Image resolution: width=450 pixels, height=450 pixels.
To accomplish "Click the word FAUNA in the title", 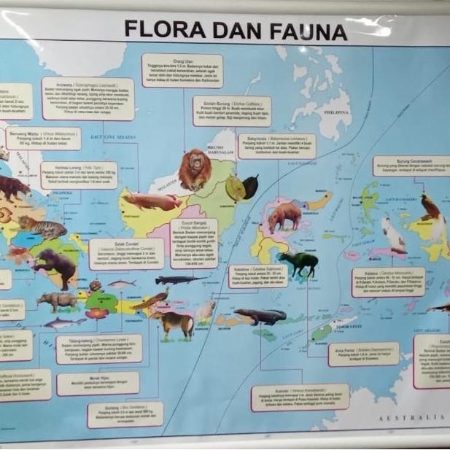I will coord(306,31).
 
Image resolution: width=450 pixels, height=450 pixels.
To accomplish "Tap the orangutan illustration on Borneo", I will coord(195,169).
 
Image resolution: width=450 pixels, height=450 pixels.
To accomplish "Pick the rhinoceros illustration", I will coord(57,299).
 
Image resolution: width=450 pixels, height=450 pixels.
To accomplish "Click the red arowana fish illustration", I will coord(150,201).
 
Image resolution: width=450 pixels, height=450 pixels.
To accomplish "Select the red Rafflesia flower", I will coord(97,313).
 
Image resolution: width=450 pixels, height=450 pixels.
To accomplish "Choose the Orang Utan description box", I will coord(182,71).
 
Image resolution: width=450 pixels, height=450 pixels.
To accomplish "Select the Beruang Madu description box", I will coord(44,139).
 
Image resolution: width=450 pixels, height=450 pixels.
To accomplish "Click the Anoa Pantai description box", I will coord(363,354).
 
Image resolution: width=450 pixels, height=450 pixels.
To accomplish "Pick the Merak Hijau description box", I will coord(98,384).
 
